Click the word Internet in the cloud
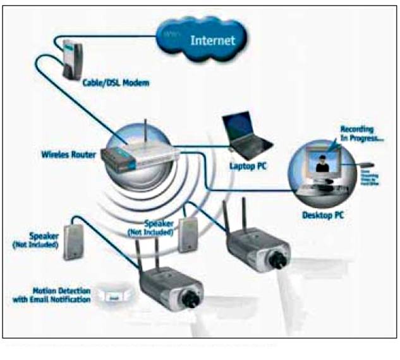[x=213, y=41]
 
